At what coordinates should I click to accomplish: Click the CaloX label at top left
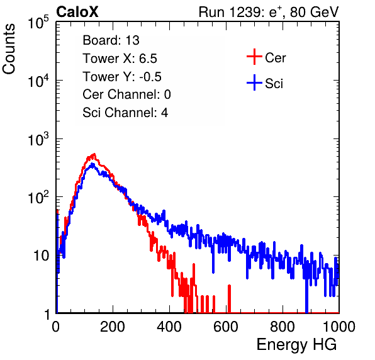pyautogui.click(x=77, y=12)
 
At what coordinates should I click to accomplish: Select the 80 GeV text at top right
pyautogui.click(x=314, y=12)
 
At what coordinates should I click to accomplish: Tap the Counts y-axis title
pyautogui.click(x=9, y=49)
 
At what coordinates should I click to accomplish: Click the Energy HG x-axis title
pyautogui.click(x=296, y=344)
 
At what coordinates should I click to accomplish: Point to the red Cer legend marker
pyautogui.click(x=254, y=57)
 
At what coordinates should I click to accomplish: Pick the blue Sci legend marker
pyautogui.click(x=254, y=83)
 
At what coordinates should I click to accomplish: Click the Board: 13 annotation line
pyautogui.click(x=111, y=40)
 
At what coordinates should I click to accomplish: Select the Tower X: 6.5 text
pyautogui.click(x=120, y=59)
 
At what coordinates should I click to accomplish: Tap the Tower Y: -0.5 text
pyautogui.click(x=122, y=77)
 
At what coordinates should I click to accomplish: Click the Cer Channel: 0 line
pyautogui.click(x=126, y=94)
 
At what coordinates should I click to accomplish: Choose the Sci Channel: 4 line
pyautogui.click(x=125, y=113)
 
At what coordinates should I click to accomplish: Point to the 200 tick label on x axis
pyautogui.click(x=113, y=327)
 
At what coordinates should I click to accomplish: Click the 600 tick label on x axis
pyautogui.click(x=226, y=327)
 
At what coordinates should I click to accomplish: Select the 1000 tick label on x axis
pyautogui.click(x=339, y=327)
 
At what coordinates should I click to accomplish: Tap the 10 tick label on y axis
pyautogui.click(x=41, y=256)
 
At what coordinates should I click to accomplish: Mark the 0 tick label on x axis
pyautogui.click(x=56, y=327)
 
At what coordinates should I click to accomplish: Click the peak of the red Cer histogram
pyautogui.click(x=94, y=154)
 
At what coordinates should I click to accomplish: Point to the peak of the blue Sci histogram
pyautogui.click(x=92, y=164)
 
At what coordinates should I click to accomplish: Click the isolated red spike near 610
pyautogui.click(x=229, y=299)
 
